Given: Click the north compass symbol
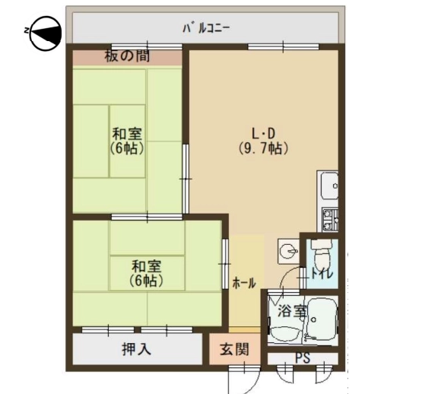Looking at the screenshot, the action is coord(45,33).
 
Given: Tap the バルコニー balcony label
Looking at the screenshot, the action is coord(206,28).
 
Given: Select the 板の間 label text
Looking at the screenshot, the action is coord(127,56).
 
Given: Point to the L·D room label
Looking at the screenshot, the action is coord(262,133).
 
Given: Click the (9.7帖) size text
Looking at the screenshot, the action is coord(264,148).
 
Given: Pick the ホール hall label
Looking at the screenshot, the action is coord(244,283).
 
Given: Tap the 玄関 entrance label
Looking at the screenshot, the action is coord(234,349).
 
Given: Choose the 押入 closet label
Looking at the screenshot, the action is coord(136,350).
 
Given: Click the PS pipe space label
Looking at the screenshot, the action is coord(303,358).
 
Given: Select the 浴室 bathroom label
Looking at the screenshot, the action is coord(292,311).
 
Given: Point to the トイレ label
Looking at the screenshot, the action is coord(322,274).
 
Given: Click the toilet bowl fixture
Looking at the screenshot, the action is coord(322,254).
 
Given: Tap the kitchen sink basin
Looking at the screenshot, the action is coord(328,186).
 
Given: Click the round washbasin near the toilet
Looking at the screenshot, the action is coord(288,251).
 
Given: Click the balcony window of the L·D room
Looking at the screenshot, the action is coord(283,47).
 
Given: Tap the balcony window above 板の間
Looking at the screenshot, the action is coord(147,46).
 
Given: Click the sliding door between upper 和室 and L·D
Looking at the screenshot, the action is coord(186,179).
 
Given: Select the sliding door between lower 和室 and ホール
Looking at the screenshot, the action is coord(225,264).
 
